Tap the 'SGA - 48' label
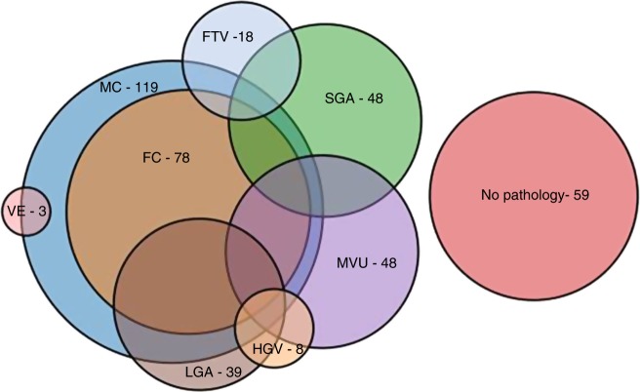click(352, 98)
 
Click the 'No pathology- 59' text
click(535, 195)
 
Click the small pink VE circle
click(26, 211)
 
